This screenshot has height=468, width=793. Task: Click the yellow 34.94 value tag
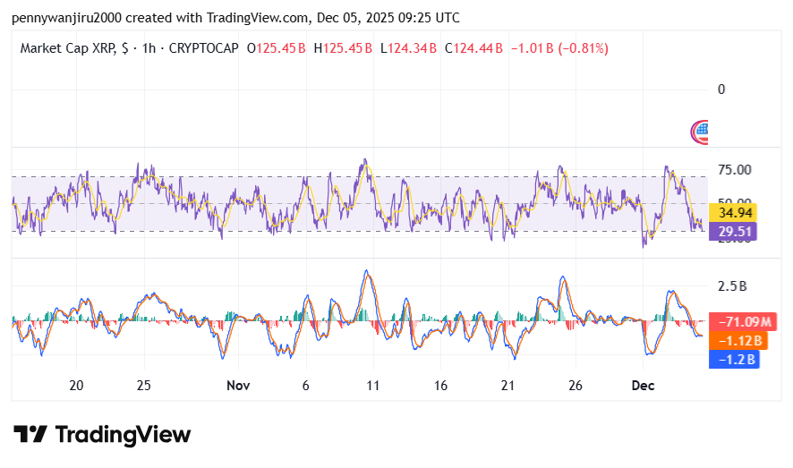point(732,213)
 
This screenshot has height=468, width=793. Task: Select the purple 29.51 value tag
point(732,232)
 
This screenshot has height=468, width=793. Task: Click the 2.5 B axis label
point(732,286)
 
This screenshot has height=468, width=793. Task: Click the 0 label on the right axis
point(721,89)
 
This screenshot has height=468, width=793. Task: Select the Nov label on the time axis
point(237,385)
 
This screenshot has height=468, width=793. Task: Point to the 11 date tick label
point(373,385)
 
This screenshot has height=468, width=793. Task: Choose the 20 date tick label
point(76,385)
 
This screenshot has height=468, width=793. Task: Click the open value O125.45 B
point(276,48)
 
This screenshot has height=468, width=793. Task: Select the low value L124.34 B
point(408,48)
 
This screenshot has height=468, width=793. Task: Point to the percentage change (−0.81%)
point(583,48)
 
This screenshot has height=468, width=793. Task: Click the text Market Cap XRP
point(67,48)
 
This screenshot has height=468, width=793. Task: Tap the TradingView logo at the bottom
point(102,435)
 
